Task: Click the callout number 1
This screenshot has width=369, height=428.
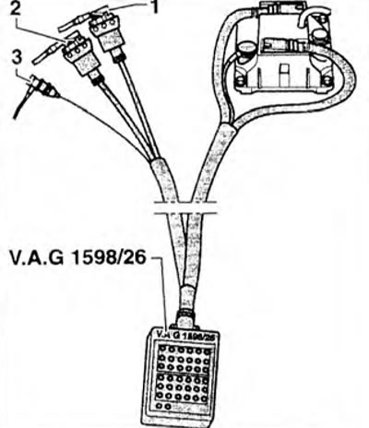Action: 155,6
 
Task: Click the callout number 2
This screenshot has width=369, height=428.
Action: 15,8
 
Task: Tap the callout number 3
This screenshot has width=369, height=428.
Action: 16,58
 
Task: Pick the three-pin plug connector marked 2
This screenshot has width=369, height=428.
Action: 77,56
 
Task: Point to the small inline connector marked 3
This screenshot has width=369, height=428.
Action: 43,87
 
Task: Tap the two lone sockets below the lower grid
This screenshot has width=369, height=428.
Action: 162,406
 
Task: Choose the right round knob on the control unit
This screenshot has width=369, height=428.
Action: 321,34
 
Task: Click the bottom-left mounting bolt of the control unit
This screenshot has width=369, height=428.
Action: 239,81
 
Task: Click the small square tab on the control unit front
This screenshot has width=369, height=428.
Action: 283,71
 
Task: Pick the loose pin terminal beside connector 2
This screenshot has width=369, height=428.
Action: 47,52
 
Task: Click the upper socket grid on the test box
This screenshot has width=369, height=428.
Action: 184,358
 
